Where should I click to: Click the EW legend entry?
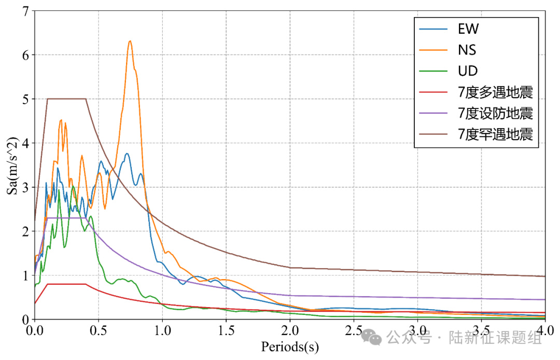(x=468, y=29)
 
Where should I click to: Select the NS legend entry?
(x=467, y=50)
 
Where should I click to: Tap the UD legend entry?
(x=468, y=71)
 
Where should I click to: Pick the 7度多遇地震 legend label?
(x=495, y=92)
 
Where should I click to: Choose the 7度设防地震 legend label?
(x=495, y=113)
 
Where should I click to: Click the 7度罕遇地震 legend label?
(x=495, y=134)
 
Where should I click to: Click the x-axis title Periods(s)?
(x=290, y=346)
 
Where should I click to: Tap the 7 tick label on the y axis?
(x=25, y=10)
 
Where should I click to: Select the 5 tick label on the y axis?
(x=25, y=99)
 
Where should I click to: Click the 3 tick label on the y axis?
(x=25, y=187)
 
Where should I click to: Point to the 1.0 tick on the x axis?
(x=162, y=330)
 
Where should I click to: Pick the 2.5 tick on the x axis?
(x=354, y=330)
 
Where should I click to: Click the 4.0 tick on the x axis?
(x=545, y=330)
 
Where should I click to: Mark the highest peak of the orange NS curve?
(x=130, y=41)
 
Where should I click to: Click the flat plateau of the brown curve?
(x=66, y=99)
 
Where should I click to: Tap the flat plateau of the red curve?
(x=66, y=284)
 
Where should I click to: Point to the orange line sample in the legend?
(x=433, y=50)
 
